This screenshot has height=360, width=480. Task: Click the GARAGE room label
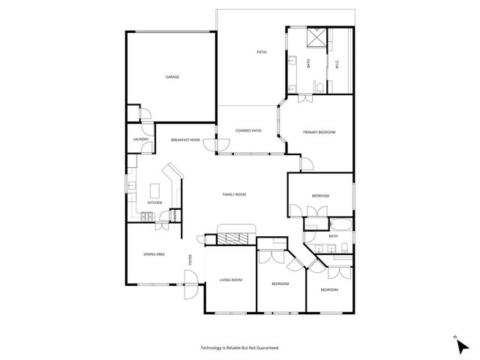pyautogui.click(x=172, y=76)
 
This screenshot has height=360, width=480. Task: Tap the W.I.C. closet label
pyautogui.click(x=337, y=64)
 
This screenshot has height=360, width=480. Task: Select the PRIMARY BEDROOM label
pyautogui.click(x=319, y=132)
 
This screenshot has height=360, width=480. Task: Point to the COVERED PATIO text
pyautogui.click(x=248, y=130)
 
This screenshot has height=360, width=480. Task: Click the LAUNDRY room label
pyautogui.click(x=140, y=139)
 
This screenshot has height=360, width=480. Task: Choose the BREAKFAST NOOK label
pyautogui.click(x=185, y=140)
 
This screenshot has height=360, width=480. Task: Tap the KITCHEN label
pyautogui.click(x=154, y=202)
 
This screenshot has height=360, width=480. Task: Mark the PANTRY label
pyautogui.click(x=175, y=215)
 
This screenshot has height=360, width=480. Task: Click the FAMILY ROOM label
pyautogui.click(x=234, y=194)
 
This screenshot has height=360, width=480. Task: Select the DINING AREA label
pyautogui.click(x=154, y=255)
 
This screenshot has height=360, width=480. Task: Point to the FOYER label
pyautogui.click(x=190, y=260)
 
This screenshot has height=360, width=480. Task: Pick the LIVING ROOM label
pyautogui.click(x=230, y=280)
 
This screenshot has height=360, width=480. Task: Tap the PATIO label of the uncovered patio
pyautogui.click(x=262, y=52)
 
